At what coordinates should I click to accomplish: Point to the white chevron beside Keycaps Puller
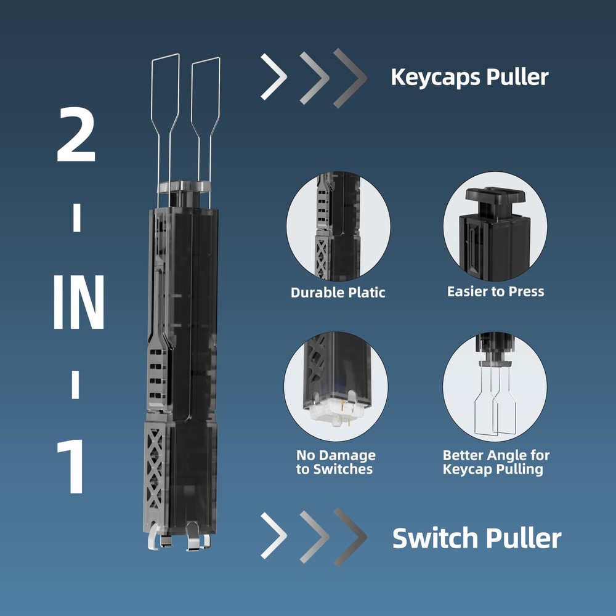(274, 77)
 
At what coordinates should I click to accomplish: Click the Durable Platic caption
(338, 293)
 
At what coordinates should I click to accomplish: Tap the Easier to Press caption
(495, 291)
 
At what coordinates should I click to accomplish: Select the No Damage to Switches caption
(336, 463)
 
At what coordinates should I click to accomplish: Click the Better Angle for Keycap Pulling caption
(496, 463)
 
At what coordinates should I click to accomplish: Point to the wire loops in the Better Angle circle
(495, 400)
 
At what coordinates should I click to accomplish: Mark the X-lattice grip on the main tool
(156, 468)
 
